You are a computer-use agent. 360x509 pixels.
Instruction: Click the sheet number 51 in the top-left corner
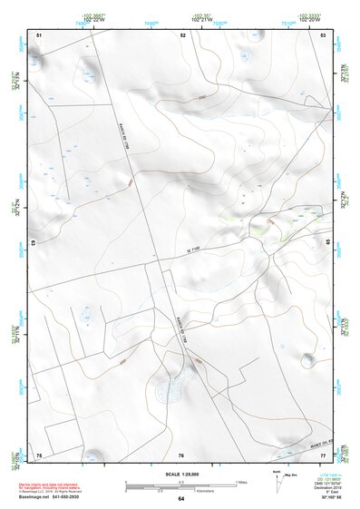click(39, 34)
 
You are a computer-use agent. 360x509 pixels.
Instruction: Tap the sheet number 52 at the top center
click(182, 34)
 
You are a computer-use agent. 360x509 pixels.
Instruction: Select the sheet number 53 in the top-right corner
click(324, 34)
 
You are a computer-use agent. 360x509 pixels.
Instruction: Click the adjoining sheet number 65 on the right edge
click(328, 243)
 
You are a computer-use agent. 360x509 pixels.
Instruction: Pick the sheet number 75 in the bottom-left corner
click(39, 454)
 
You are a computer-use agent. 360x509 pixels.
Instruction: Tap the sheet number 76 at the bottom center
click(181, 454)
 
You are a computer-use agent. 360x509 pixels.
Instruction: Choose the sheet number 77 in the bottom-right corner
click(324, 454)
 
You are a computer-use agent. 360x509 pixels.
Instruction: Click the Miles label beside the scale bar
click(241, 482)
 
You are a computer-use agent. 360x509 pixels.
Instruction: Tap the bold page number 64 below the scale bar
click(181, 500)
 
